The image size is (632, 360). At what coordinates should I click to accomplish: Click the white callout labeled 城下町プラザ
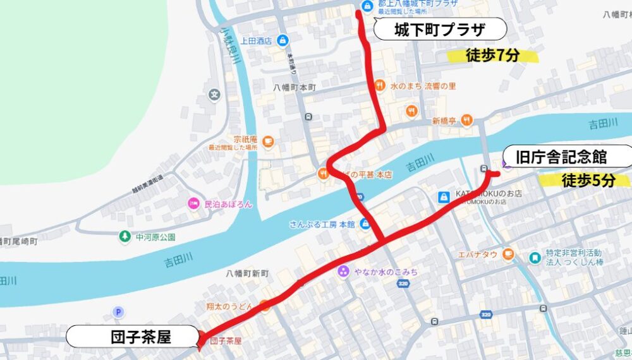click(x=440, y=30)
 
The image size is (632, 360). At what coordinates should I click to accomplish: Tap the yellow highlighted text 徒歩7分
click(x=492, y=56)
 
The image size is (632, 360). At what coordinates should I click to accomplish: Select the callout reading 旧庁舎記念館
click(x=569, y=156)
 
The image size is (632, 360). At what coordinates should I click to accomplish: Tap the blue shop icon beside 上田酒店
click(x=282, y=40)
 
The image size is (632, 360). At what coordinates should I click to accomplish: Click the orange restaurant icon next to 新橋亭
click(x=466, y=120)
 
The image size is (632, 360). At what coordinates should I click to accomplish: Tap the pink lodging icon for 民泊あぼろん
click(x=193, y=204)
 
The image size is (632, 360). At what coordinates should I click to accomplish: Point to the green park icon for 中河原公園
click(x=125, y=237)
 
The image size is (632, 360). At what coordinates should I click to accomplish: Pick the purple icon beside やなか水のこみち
click(x=343, y=272)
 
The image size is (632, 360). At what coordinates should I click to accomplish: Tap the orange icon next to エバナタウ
click(x=509, y=255)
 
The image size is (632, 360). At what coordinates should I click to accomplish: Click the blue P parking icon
click(x=117, y=311)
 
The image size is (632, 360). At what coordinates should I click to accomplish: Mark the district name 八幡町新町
click(x=248, y=273)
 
